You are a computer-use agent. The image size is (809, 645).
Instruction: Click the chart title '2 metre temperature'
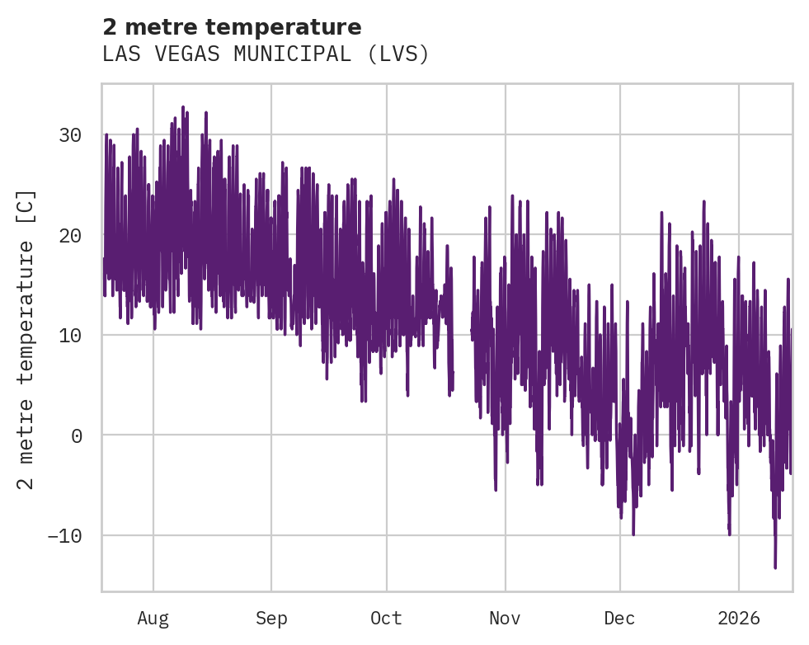tap(232, 27)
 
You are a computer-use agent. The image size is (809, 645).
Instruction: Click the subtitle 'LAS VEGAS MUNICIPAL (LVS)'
tap(266, 54)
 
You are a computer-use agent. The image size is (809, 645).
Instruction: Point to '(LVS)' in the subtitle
tap(398, 54)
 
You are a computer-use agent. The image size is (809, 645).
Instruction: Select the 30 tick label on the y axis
tap(71, 135)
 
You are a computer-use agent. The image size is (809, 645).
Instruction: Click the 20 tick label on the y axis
tap(71, 235)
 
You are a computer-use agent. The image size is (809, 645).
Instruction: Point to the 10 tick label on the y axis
tap(71, 335)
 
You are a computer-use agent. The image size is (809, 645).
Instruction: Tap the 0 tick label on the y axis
tap(77, 435)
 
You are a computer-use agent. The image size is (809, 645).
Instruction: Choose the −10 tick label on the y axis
tap(65, 535)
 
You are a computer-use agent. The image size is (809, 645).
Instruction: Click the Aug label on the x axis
tap(153, 618)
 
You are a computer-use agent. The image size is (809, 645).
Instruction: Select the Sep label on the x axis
tap(270, 618)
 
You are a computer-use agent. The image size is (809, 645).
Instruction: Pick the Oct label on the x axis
tap(386, 618)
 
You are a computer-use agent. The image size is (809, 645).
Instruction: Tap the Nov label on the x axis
tap(505, 618)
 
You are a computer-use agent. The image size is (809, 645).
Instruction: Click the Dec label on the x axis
tap(619, 618)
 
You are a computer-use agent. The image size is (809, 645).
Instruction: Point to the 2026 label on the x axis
tap(738, 618)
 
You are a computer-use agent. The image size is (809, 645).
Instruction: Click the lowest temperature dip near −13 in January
tap(775, 567)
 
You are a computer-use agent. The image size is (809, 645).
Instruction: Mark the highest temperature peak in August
tap(183, 107)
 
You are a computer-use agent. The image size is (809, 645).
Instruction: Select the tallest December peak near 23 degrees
tap(704, 201)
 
